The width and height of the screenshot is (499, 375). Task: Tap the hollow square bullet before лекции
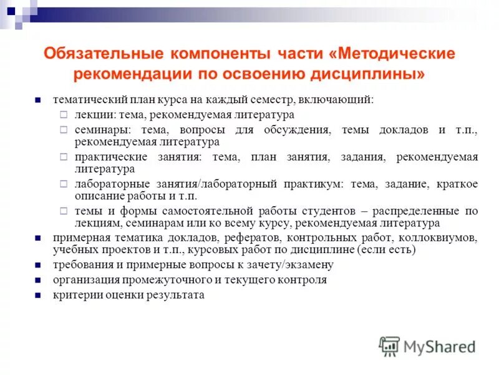click(63, 115)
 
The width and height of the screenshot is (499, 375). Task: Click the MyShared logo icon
click(390, 346)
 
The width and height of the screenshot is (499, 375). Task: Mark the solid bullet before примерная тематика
click(38, 239)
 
